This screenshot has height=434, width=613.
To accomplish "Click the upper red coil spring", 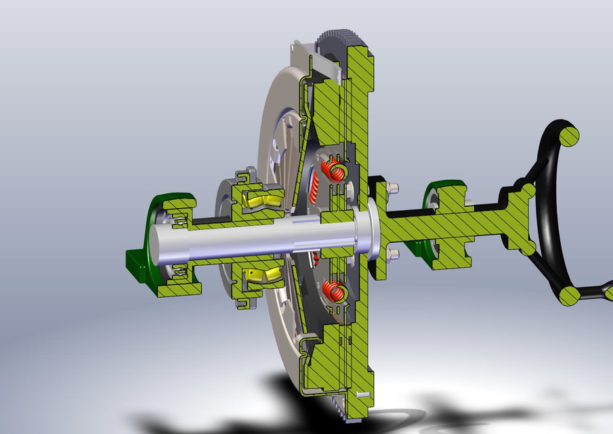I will point(335,169).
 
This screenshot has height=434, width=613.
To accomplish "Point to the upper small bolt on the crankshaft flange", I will point(394,187).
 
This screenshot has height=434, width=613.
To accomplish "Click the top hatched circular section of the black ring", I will point(570,136).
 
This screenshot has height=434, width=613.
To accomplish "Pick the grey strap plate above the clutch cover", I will point(325,62).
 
